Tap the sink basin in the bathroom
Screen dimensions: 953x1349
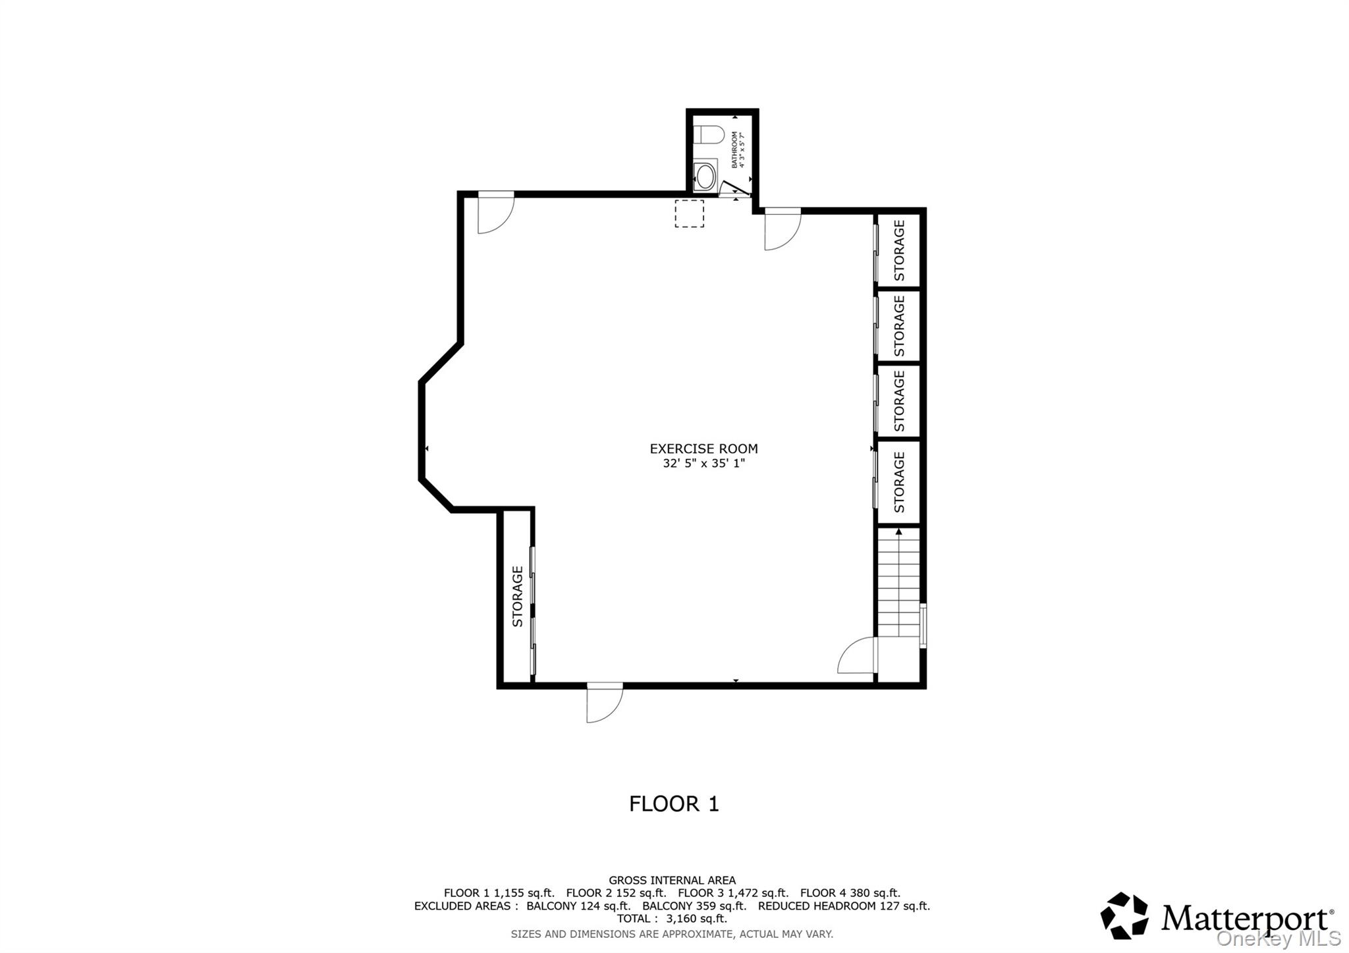pos(705,177)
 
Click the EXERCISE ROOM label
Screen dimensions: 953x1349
pos(703,449)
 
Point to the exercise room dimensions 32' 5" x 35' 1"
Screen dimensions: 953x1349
pos(703,464)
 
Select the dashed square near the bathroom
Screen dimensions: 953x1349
pos(689,213)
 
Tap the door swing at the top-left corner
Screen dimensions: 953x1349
pos(495,213)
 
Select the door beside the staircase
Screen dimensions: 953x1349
pos(857,655)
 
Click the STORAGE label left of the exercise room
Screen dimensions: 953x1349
pos(518,596)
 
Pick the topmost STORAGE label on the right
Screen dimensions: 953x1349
pos(899,250)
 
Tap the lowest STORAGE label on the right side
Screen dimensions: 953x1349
pos(899,482)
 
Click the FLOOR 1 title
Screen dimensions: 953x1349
pos(674,804)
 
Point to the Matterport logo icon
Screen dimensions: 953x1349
pos(1124,915)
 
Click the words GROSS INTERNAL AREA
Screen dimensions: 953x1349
pos(672,880)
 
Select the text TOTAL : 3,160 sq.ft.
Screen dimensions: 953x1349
pos(672,919)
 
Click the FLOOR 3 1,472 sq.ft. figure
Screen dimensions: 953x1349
pos(732,893)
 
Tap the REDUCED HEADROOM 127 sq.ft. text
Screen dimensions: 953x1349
pos(844,906)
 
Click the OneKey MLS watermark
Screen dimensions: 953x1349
pos(1278,938)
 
